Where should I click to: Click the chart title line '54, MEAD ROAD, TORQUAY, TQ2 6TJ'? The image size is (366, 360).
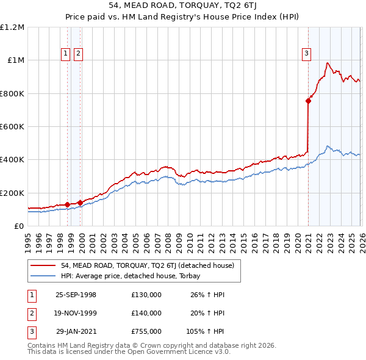(183, 7)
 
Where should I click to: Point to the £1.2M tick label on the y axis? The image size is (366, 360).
(12, 27)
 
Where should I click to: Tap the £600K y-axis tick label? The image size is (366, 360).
(12, 127)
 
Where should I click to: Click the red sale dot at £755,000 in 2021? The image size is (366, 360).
(308, 101)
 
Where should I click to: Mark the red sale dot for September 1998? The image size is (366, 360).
(67, 204)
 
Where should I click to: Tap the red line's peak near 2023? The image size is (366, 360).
(328, 63)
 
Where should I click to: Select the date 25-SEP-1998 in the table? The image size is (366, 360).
(76, 295)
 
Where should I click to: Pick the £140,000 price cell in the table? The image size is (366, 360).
(146, 313)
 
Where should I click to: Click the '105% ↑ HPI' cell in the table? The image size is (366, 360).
(206, 331)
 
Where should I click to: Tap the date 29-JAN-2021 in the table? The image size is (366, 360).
(76, 331)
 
